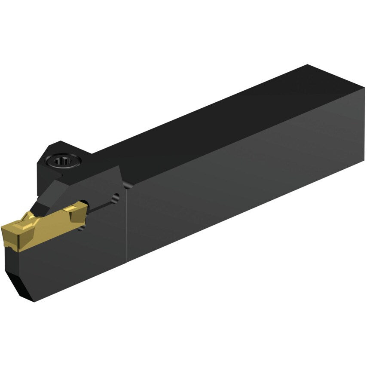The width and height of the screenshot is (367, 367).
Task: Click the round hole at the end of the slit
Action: (115, 198)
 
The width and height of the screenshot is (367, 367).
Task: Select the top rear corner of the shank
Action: (308, 66)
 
